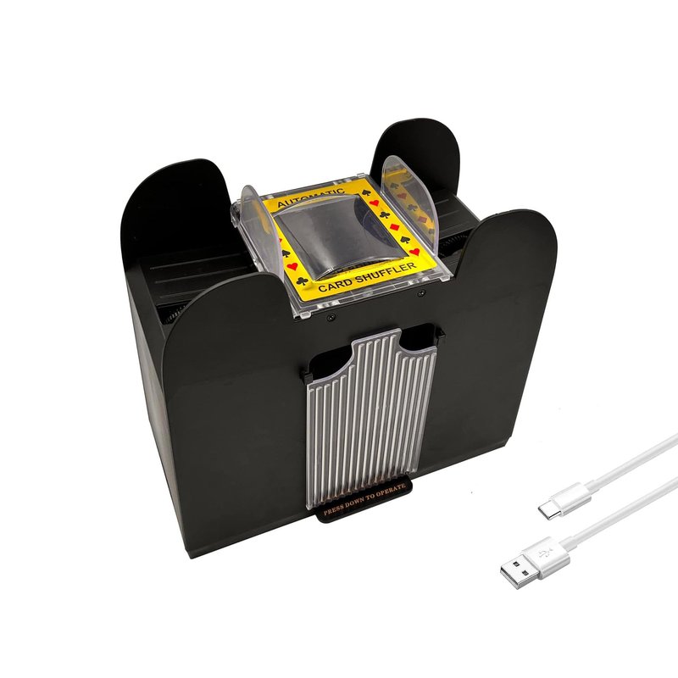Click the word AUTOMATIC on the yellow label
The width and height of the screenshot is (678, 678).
310,197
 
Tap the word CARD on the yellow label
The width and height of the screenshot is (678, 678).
336,284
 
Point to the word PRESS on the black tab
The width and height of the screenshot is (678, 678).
332,509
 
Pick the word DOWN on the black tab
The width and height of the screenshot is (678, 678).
353,503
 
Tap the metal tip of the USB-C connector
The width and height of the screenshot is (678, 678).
546,510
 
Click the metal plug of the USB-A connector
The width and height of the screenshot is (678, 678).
517,573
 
